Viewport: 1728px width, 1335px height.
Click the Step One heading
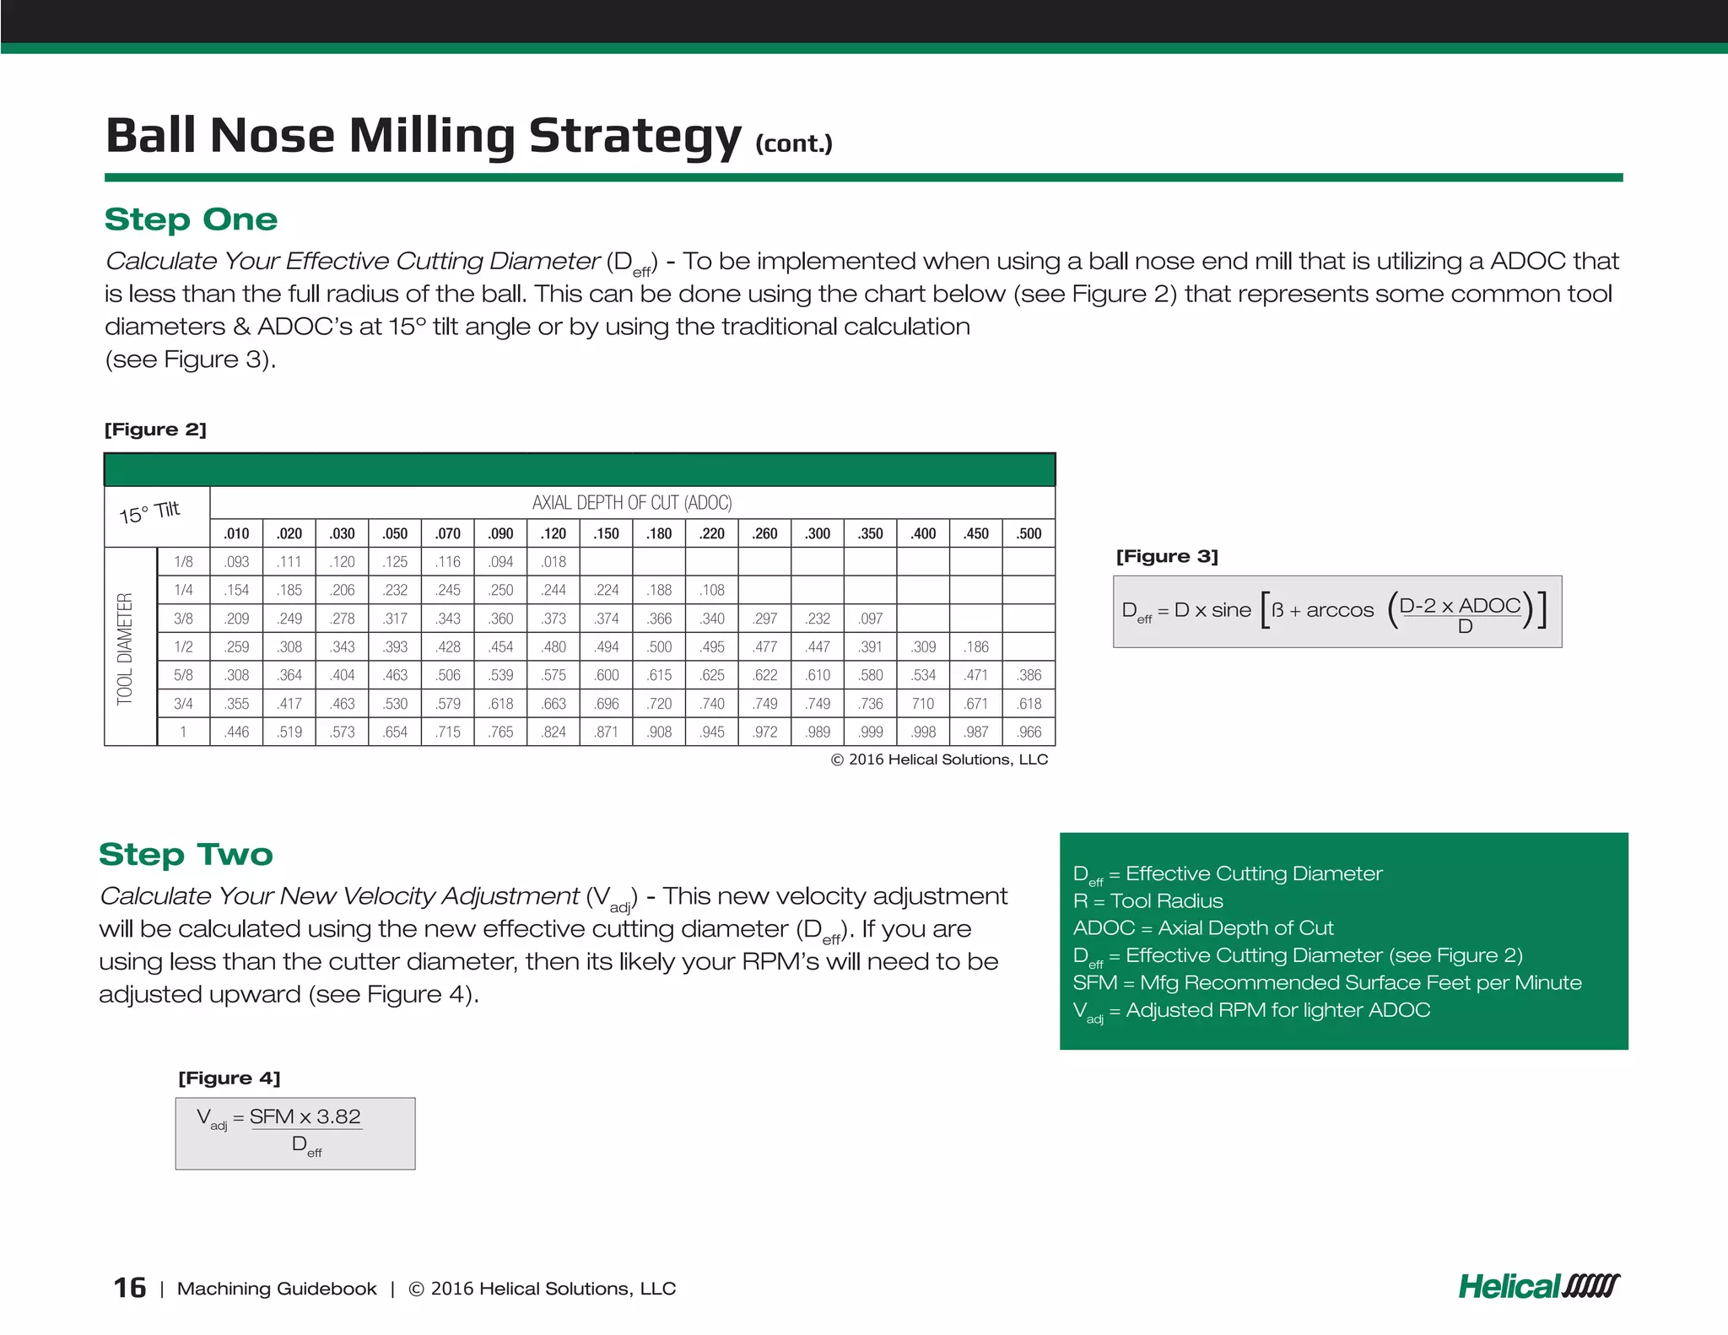(191, 219)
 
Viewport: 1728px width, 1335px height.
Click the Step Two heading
(186, 854)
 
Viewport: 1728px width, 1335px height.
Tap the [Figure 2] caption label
(155, 430)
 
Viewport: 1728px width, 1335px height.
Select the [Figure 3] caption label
(1167, 556)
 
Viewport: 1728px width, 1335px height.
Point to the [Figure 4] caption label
(229, 1078)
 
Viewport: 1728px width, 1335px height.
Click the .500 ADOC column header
(1029, 533)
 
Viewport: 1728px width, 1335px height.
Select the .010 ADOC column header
(236, 533)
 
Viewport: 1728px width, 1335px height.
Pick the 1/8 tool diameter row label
(183, 562)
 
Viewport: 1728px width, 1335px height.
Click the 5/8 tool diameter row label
(183, 675)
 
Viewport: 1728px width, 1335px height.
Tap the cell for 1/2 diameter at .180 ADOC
(660, 647)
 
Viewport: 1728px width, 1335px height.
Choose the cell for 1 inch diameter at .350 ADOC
(871, 732)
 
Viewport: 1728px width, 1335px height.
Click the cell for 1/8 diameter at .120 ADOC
(554, 562)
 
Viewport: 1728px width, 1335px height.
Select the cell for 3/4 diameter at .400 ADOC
(923, 704)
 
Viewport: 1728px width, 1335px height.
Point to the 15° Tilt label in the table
(150, 512)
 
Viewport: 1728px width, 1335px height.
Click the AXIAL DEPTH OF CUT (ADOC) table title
(632, 503)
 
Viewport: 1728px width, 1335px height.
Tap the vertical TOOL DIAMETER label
(126, 648)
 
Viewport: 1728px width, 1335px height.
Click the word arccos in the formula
(1340, 610)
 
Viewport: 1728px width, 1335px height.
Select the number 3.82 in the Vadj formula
(338, 1116)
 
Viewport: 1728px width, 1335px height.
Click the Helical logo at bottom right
(1538, 1287)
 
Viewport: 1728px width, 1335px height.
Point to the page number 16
(130, 1288)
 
